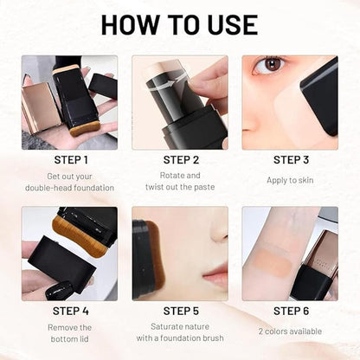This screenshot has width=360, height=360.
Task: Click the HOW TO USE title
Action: click(x=180, y=23)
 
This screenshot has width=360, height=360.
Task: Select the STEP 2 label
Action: click(x=180, y=159)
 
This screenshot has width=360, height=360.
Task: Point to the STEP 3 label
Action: click(x=291, y=159)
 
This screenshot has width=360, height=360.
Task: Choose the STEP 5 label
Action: click(x=180, y=312)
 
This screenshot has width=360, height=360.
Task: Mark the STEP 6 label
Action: click(x=291, y=312)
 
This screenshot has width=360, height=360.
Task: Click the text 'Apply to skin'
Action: click(x=291, y=179)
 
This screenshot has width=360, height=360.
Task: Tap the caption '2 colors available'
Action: click(x=291, y=331)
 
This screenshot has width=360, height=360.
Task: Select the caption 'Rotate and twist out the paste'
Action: click(x=180, y=181)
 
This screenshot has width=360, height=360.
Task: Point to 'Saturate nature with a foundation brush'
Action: click(x=180, y=333)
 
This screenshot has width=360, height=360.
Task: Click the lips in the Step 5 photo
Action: click(x=214, y=276)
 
